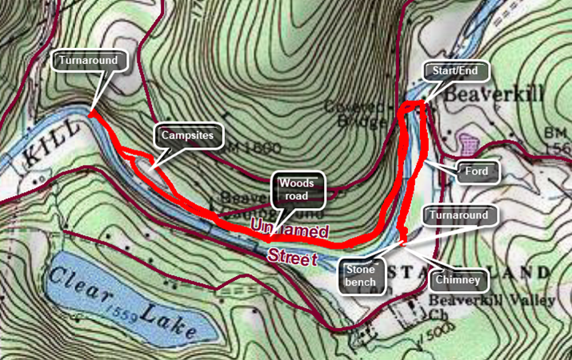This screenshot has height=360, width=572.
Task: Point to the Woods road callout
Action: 298,189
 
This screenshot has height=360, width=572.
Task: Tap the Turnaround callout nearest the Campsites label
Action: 93,60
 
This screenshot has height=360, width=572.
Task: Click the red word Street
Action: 291,257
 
